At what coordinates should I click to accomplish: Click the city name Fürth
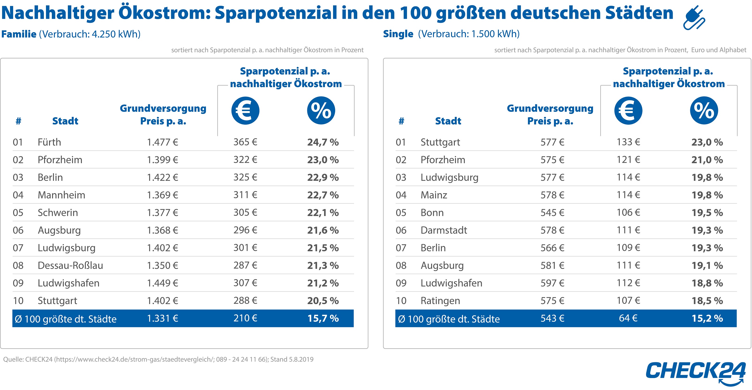pos(49,142)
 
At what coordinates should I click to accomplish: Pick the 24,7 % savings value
pos(323,142)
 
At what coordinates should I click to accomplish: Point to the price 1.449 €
pos(162,283)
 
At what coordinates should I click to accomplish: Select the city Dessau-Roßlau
pos(70,266)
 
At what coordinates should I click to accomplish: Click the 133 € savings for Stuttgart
pos(628,142)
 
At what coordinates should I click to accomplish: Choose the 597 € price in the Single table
pos(552,283)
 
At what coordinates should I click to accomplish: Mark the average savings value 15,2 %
pos(707,318)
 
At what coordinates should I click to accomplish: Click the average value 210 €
pos(245,318)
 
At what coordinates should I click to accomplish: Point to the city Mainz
pos(433,195)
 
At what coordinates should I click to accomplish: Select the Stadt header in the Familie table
pos(65,121)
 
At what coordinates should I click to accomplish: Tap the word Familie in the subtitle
pos(19,34)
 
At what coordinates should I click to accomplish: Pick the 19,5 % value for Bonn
pos(707,213)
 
